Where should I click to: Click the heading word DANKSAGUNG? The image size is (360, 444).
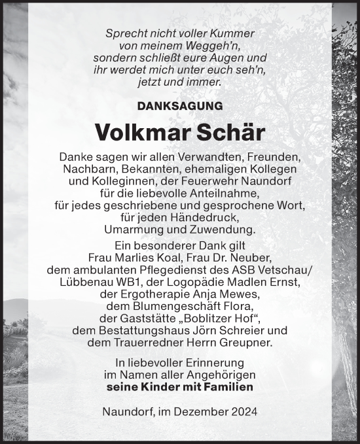click(x=180, y=105)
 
